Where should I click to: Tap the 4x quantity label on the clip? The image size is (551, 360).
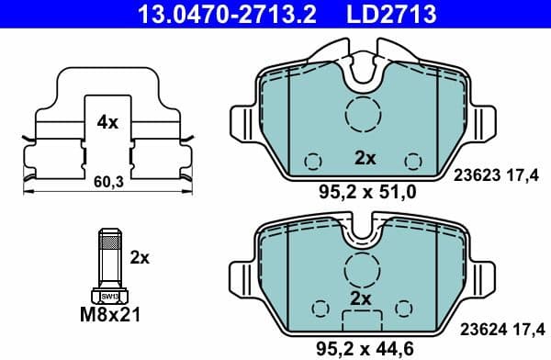click(107, 122)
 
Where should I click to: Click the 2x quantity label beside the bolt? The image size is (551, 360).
click(139, 258)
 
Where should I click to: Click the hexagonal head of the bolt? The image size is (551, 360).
click(109, 296)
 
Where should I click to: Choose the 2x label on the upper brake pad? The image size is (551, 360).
click(365, 158)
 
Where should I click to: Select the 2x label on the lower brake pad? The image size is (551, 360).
click(360, 299)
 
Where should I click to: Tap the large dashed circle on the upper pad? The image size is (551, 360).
click(363, 115)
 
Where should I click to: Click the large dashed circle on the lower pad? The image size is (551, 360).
click(361, 269)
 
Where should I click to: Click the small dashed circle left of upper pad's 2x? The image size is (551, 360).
click(312, 160)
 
